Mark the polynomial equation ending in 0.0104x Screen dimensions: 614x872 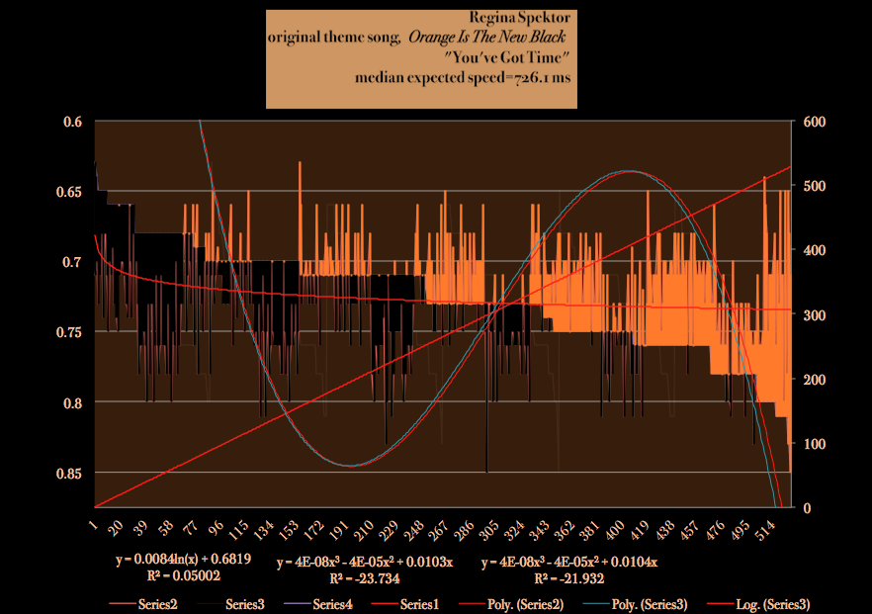569,563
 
